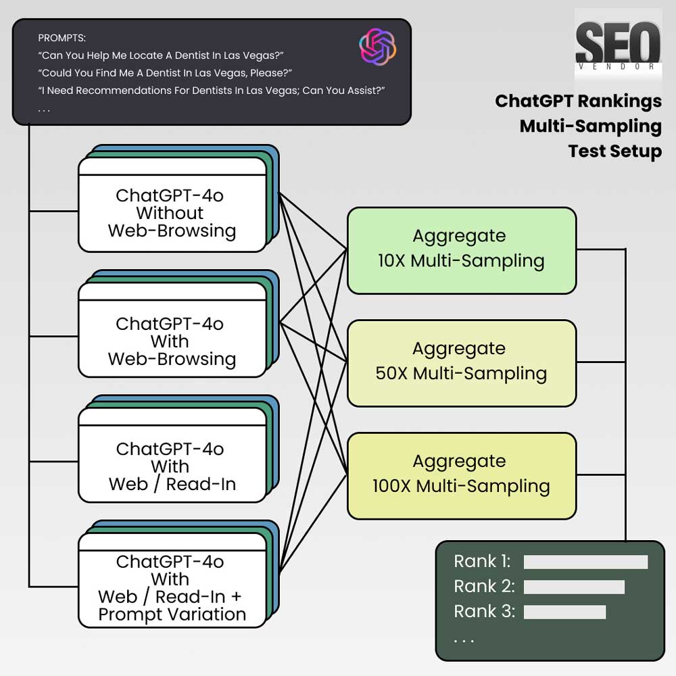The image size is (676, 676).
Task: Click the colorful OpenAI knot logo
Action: click(378, 47)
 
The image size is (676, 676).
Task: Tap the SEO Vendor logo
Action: click(618, 46)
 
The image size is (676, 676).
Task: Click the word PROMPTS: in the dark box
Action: click(62, 38)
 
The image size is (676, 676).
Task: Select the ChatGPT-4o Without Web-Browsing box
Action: click(172, 205)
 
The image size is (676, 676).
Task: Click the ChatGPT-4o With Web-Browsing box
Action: click(172, 330)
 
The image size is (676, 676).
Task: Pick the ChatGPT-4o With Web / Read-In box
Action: click(172, 455)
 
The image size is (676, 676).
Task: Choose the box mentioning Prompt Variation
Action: click(172, 580)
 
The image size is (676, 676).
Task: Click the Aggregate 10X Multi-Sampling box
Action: click(462, 251)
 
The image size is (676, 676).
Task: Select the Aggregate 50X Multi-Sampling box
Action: click(462, 363)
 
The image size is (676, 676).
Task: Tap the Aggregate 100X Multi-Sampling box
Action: click(462, 476)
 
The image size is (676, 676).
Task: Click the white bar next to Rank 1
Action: click(585, 562)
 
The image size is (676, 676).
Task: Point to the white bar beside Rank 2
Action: click(574, 587)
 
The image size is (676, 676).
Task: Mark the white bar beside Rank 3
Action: click(564, 612)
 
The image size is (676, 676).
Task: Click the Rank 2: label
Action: click(484, 586)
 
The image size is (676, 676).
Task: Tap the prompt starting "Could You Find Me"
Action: click(165, 73)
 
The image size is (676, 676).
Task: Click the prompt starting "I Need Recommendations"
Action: click(211, 91)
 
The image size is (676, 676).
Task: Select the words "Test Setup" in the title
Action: click(614, 151)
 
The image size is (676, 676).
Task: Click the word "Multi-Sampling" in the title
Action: click(591, 127)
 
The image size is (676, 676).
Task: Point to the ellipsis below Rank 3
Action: click(464, 641)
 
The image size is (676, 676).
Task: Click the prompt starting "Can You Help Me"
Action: click(161, 55)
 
